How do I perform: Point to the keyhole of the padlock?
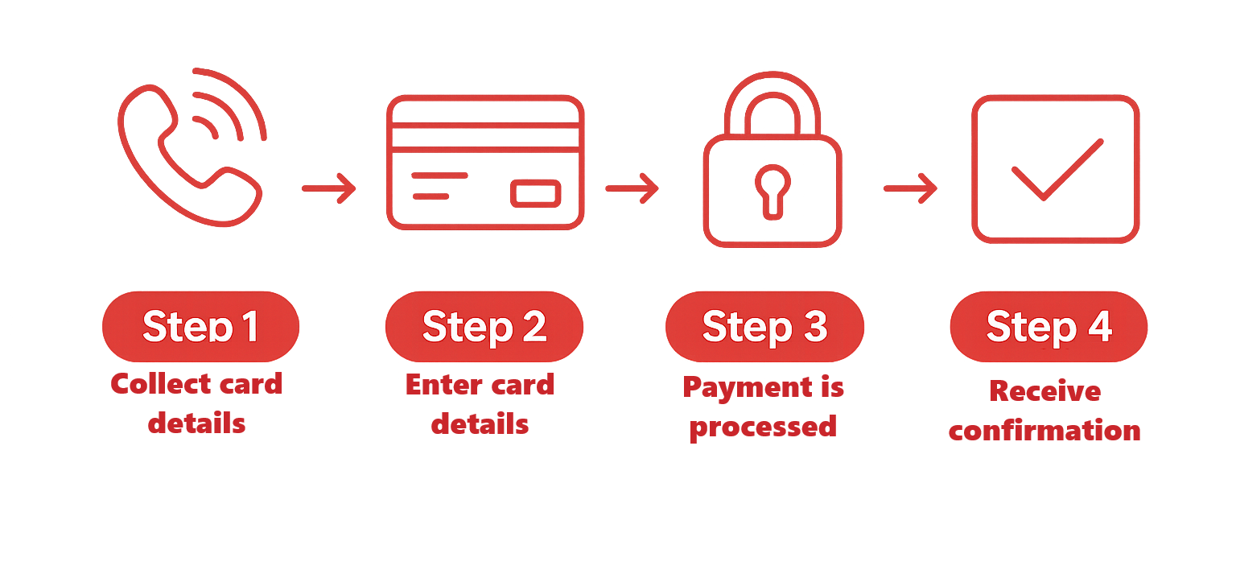pyautogui.click(x=772, y=188)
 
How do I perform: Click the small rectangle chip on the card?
pyautogui.click(x=535, y=194)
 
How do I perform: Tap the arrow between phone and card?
pyautogui.click(x=328, y=188)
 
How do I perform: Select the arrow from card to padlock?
pyautogui.click(x=632, y=188)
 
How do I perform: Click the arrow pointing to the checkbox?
pyautogui.click(x=910, y=189)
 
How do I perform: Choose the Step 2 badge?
pyautogui.click(x=484, y=327)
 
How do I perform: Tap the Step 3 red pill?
pyautogui.click(x=764, y=327)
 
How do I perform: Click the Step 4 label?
pyautogui.click(x=1049, y=327)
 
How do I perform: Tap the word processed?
pyautogui.click(x=763, y=426)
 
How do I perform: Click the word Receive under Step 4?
pyautogui.click(x=1044, y=391)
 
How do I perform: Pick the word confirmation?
pyautogui.click(x=1044, y=430)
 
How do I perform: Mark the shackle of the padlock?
pyautogui.click(x=772, y=101)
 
